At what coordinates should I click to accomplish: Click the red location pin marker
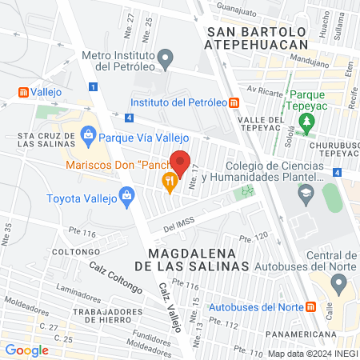click(x=182, y=162)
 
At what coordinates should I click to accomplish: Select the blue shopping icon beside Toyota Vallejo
click(x=126, y=194)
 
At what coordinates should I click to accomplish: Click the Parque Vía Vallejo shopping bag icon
click(x=87, y=135)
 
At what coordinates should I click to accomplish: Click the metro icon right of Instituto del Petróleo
click(x=234, y=102)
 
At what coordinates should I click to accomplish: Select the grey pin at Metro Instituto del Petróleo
click(x=166, y=58)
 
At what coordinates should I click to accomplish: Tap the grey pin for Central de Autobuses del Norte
click(x=339, y=283)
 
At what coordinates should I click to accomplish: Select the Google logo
click(x=26, y=350)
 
